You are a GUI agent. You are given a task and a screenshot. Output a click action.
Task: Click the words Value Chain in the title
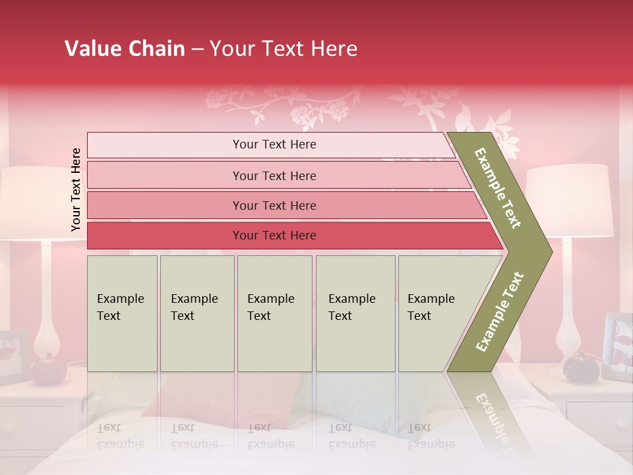point(125,49)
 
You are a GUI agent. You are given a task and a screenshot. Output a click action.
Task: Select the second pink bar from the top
point(274,175)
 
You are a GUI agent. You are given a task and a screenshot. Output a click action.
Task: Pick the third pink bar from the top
point(274,205)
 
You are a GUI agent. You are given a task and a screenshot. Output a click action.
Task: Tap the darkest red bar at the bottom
point(274,236)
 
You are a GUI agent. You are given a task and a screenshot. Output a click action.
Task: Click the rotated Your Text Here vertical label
point(76,189)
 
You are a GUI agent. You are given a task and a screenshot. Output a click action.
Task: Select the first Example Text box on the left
point(122,313)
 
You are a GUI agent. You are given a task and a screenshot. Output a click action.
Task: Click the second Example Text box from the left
point(196,313)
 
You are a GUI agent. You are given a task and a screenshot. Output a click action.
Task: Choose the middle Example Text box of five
point(274,313)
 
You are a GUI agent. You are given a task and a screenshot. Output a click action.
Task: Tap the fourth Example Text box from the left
point(355,313)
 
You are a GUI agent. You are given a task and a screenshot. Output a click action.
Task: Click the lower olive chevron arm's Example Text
point(500,311)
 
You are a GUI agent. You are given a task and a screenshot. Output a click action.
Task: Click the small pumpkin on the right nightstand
point(581,367)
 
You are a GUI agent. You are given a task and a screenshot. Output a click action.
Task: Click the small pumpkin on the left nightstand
point(47,370)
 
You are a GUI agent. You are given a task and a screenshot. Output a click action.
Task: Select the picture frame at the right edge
point(618,346)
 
